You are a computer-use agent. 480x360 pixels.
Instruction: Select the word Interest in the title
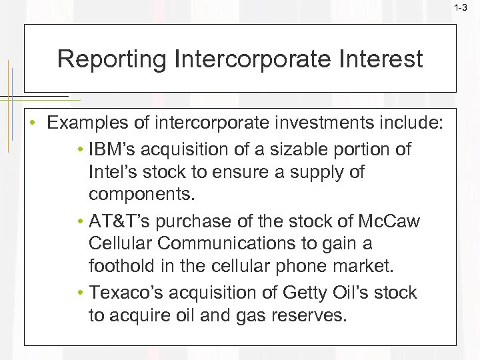[382, 59]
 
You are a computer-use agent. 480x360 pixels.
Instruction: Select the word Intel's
[114, 173]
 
